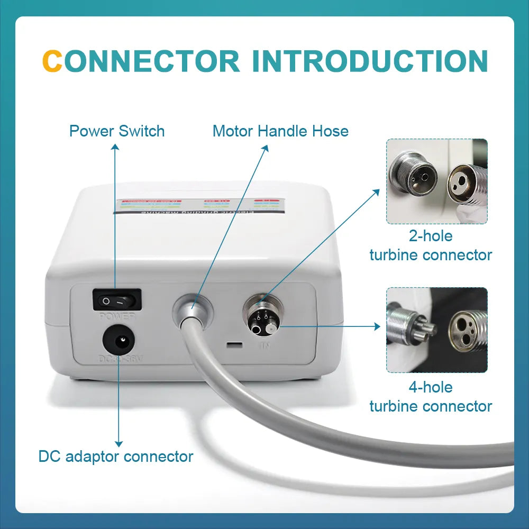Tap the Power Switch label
point(117,131)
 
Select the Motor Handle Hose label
point(280,131)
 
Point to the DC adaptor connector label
point(116,456)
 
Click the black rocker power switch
point(117,299)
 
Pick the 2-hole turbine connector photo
point(436,181)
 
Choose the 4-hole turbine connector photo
point(436,330)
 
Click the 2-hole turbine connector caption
point(431,245)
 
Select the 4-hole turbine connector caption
point(431,397)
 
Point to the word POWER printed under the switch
point(117,316)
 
